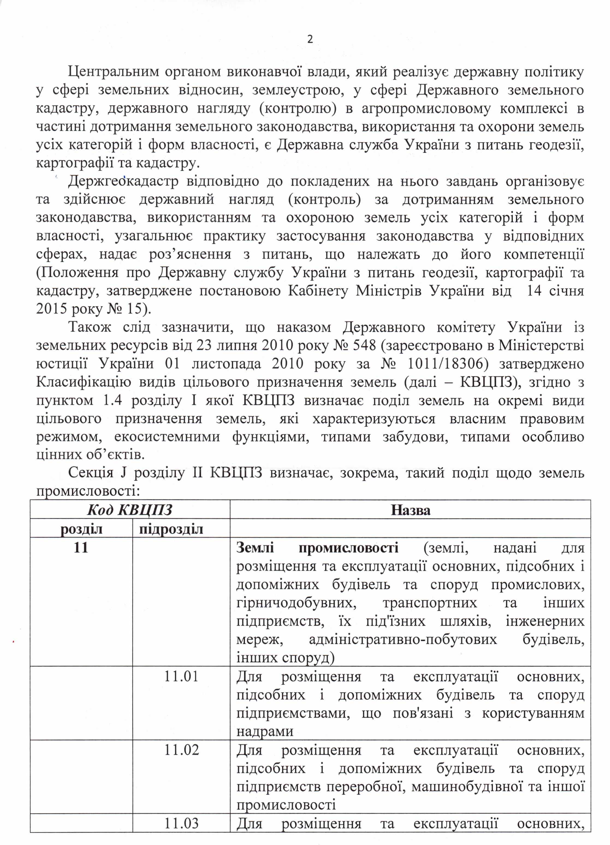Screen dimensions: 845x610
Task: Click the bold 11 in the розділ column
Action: (81, 547)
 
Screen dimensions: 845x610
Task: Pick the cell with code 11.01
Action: (181, 676)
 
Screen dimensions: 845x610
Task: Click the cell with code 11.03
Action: (181, 823)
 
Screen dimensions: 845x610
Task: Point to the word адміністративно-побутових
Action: (403, 639)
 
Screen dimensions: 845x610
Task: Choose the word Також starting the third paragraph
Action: (90, 327)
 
